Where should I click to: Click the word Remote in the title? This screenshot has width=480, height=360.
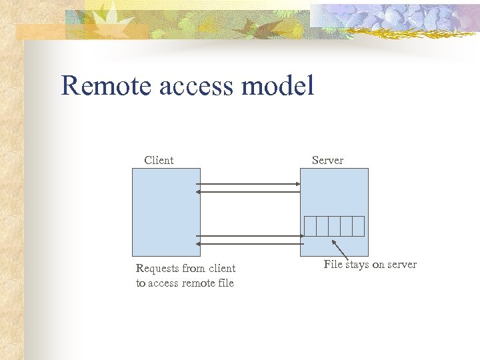[x=100, y=86]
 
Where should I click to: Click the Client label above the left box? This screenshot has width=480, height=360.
[x=159, y=160]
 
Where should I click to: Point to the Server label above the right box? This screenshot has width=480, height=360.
[x=327, y=160]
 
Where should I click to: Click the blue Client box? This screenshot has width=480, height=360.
[x=166, y=212]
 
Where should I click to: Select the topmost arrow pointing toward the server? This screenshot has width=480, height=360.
[x=249, y=183]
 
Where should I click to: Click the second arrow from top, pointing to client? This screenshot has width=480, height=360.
[x=249, y=191]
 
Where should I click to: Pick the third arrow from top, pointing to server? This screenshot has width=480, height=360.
[x=249, y=235]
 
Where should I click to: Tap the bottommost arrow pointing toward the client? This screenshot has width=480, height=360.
[x=249, y=244]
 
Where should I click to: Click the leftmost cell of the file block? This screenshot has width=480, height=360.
[x=310, y=226]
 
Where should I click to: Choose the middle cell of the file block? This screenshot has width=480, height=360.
[x=334, y=226]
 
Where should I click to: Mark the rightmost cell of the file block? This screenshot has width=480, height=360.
[x=358, y=226]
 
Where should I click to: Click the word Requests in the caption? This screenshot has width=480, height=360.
[x=157, y=269]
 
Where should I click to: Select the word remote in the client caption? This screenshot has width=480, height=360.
[x=198, y=283]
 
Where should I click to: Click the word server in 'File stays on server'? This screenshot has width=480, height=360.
[x=402, y=265]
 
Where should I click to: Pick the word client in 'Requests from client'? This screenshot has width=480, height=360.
[x=222, y=269]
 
